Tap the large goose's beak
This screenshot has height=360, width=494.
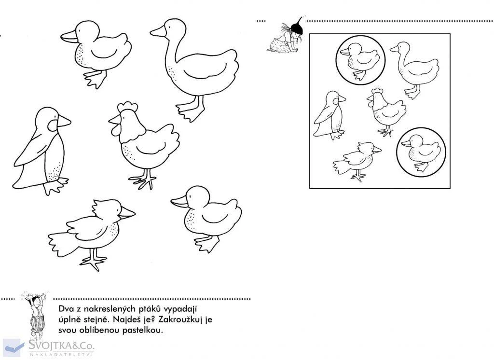pyautogui.click(x=158, y=31)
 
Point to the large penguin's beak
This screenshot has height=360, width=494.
pyautogui.click(x=64, y=121)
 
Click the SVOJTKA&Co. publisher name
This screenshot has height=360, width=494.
pyautogui.click(x=61, y=345)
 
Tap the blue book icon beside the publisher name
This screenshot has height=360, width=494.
pyautogui.click(x=14, y=347)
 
